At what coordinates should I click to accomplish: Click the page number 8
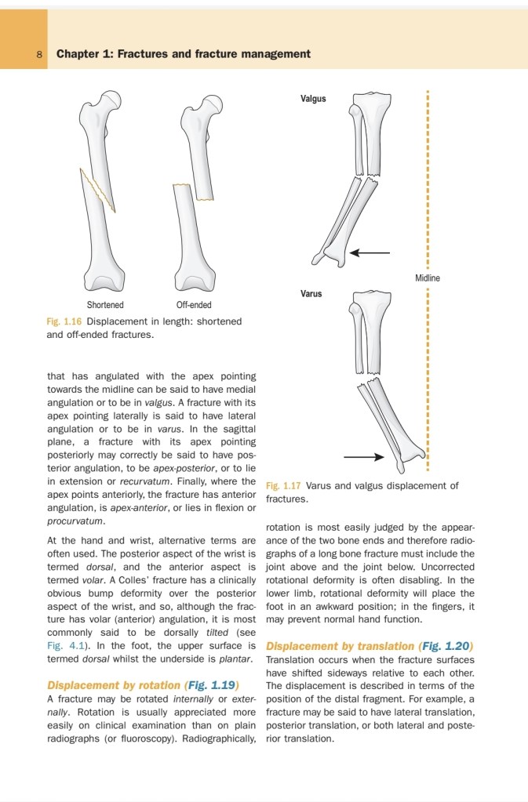[x=39, y=54]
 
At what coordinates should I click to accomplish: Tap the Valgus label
[x=313, y=100]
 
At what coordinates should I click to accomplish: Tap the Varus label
[x=311, y=294]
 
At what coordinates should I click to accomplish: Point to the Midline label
[x=428, y=278]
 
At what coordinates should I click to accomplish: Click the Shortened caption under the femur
[x=105, y=305]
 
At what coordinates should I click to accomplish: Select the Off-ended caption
[x=195, y=305]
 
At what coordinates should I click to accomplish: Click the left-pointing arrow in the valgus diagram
[x=370, y=252]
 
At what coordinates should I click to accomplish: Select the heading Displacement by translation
[x=340, y=646]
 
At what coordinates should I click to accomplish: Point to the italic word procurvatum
[x=75, y=521]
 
